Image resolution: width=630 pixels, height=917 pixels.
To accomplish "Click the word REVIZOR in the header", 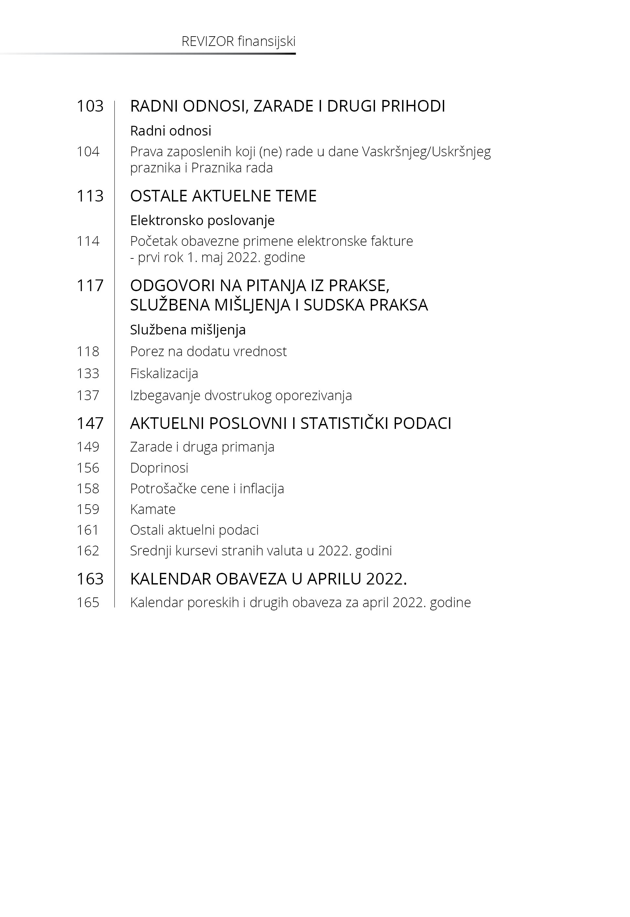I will point(208,41).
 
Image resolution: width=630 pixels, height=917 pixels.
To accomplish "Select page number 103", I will point(90,106).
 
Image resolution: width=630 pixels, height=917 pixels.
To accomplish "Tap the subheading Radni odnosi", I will point(171,131).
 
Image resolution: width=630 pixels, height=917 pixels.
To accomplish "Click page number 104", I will point(88,152).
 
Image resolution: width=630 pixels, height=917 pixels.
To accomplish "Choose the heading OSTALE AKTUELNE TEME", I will point(223,196).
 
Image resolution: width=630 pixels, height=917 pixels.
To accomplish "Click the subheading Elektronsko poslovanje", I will point(202,220).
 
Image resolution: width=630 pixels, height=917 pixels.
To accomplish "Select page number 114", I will point(88,241).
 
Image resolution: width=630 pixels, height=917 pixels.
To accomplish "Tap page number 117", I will point(90,286).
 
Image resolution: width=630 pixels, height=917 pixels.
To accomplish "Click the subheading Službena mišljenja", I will point(188,330).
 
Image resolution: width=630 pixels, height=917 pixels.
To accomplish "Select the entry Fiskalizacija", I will point(164,374).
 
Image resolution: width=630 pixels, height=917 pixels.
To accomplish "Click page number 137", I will point(88,395).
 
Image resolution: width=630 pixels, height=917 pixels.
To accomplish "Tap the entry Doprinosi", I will point(159,468).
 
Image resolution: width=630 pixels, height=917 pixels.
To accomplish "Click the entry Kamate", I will point(153,509).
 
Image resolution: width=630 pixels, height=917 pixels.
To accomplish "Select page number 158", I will point(88,488).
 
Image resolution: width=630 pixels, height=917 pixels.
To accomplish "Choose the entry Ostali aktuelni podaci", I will point(194,530).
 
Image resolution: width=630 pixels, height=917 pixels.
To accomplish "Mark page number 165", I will point(88,603).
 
